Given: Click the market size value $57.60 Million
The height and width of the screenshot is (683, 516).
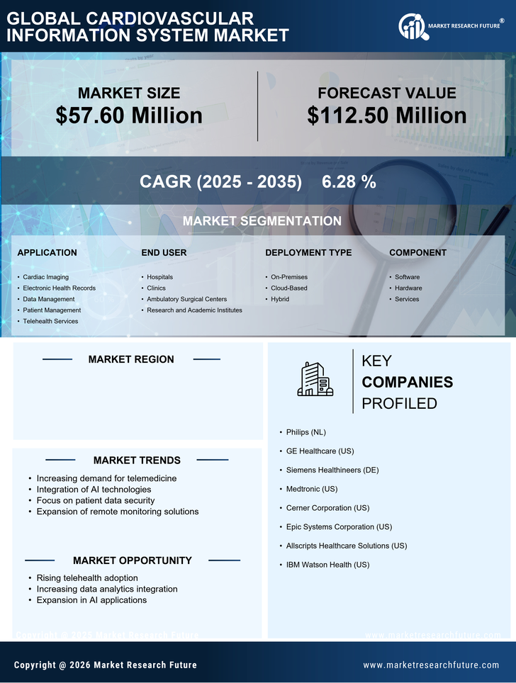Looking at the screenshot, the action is coord(129,115).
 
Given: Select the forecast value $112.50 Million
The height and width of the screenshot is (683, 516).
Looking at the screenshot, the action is coord(386,115).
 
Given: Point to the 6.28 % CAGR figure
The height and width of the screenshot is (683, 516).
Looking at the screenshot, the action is coord(349,182).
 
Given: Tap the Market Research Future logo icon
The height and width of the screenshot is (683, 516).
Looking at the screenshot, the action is coord(411,27).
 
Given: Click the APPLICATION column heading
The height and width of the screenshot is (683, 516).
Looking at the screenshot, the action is coord(47,253).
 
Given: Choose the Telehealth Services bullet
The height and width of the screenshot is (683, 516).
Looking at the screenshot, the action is coord(50,322).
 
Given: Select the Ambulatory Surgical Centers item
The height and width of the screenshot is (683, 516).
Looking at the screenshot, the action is coord(186,299).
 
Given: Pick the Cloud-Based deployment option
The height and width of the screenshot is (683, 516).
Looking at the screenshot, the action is coord(288,288).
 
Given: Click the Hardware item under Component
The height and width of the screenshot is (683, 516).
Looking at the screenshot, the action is coord(408,288).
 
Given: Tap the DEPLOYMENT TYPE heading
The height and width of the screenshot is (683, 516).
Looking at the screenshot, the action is coord(308,253).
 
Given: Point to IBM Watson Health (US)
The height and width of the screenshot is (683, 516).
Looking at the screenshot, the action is coord(327,565).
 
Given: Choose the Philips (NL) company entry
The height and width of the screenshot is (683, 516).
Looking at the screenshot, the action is coord(306,431).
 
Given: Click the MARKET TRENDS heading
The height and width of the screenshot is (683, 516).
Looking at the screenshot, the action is coord(137,461).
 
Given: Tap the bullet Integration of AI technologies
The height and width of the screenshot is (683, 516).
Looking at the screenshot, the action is coord(94,490).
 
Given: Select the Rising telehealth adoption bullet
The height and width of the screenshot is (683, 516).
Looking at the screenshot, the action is coord(87,578).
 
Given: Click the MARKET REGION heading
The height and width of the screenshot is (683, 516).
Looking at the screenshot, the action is coord(131,359).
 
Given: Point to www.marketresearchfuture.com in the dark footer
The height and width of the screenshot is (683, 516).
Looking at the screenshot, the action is coord(431,665).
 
